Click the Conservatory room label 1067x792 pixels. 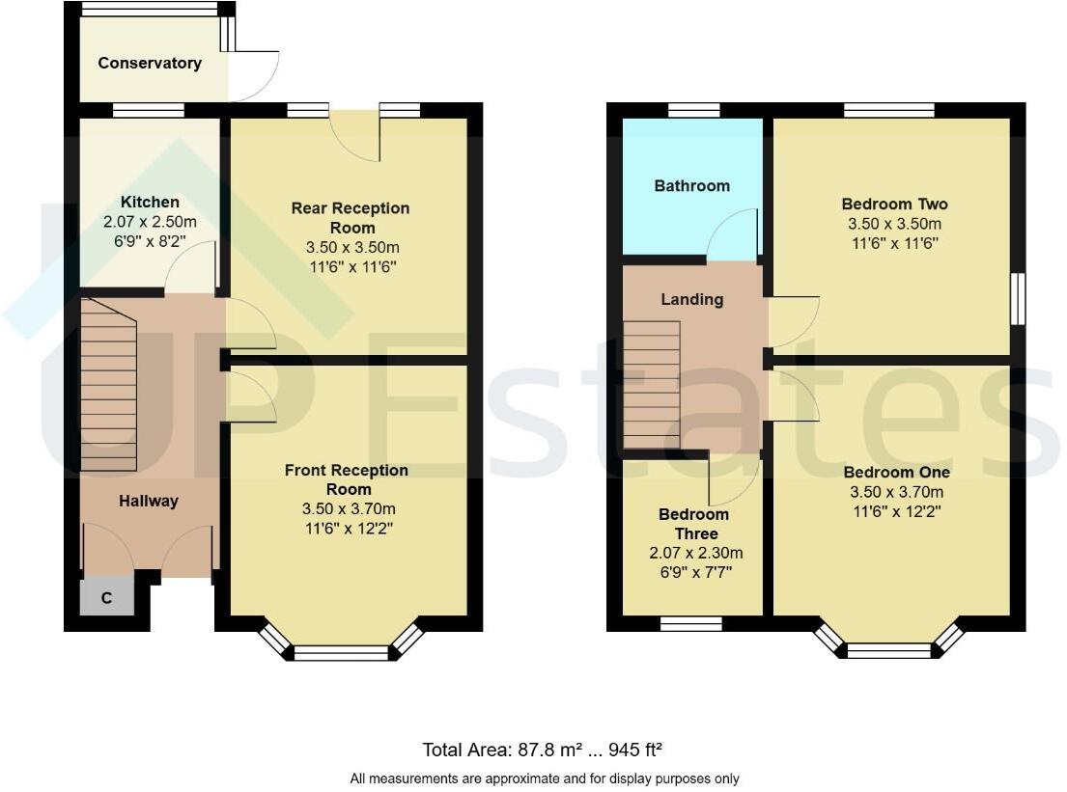click(x=150, y=64)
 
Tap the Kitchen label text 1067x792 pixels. click(x=150, y=203)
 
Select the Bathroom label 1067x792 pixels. click(x=691, y=186)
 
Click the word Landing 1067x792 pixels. click(x=691, y=300)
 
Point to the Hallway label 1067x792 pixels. click(x=149, y=502)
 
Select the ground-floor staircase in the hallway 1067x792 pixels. click(x=109, y=386)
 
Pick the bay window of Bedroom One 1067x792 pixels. click(x=889, y=650)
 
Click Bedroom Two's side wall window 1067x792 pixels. click(x=1018, y=300)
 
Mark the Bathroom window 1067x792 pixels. click(x=693, y=110)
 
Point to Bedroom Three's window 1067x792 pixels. click(x=691, y=623)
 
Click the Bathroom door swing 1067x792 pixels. click(x=733, y=236)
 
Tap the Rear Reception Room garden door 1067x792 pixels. click(x=354, y=136)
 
